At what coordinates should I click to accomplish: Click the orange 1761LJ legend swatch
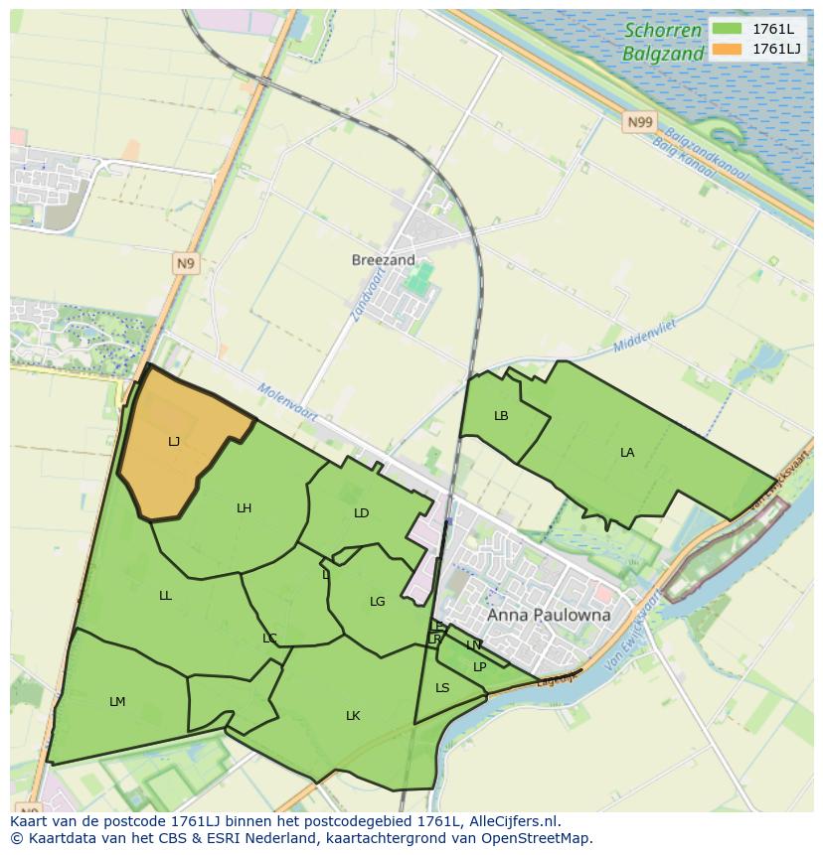point(727,49)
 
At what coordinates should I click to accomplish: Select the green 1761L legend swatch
point(727,28)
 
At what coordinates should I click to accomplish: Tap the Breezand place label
point(384,260)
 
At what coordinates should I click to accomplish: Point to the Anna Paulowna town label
point(549,615)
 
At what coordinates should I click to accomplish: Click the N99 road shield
point(640,122)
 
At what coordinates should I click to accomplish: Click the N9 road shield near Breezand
point(186,263)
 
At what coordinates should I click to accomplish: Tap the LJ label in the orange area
point(174,442)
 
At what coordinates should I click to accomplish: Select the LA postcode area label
point(627,453)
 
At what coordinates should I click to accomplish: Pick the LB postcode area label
point(501,416)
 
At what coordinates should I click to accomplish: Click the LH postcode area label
point(244,508)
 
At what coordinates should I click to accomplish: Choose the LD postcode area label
point(361,513)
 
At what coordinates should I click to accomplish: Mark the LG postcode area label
point(377,602)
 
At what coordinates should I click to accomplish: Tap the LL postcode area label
point(165,596)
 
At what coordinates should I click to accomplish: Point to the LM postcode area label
point(117,702)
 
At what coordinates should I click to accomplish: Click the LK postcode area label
point(353,716)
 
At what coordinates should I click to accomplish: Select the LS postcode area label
point(442,688)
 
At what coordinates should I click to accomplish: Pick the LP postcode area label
point(479,667)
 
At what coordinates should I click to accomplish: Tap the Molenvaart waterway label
point(287,402)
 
